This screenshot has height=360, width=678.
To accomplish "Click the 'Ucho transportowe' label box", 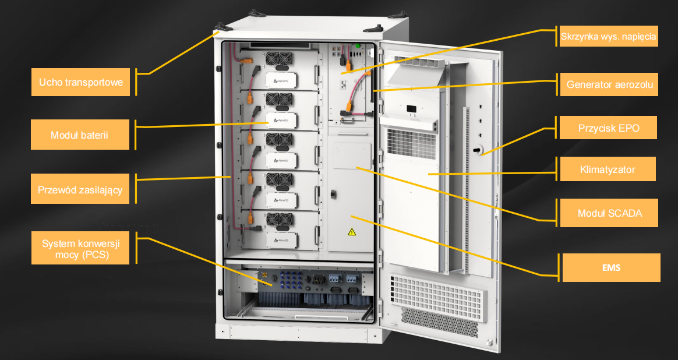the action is pos(80,82).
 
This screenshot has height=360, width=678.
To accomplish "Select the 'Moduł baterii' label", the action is pos(80,135).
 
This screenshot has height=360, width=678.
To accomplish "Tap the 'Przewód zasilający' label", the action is pos(80,189).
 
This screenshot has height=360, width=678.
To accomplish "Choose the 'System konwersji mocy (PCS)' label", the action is pos(80,248).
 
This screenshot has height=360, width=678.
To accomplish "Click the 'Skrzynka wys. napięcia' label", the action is pos(608,36).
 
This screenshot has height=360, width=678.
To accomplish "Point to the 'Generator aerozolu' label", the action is pos(609,84).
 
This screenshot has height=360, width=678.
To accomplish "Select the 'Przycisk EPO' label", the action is pos(608,128).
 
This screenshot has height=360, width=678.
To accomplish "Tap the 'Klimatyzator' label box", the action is pos(608,169).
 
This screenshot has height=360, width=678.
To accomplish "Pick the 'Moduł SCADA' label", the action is pos(609,213).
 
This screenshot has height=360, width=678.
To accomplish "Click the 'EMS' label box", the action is pos(612,267).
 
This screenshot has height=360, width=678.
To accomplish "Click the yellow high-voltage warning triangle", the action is pos(352,232).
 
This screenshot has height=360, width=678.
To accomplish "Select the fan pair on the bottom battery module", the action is pos(278,220).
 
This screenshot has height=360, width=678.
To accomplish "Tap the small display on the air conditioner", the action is pos(411,109).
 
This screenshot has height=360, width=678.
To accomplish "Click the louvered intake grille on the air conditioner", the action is pos(411,144).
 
